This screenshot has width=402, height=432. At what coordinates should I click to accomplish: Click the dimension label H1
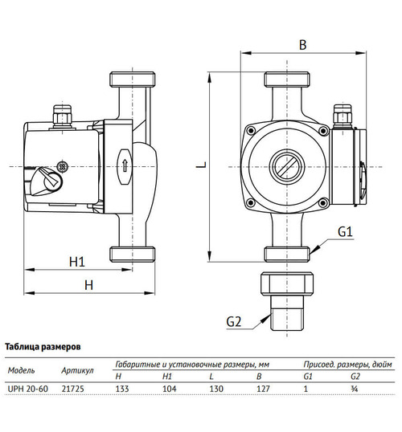tap(77, 261)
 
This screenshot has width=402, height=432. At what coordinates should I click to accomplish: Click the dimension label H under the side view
tap(89, 285)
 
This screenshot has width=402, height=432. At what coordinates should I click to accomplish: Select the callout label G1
tap(345, 232)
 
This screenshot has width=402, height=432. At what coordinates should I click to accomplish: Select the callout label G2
tap(234, 321)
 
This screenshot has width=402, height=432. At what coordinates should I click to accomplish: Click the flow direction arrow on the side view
tap(125, 166)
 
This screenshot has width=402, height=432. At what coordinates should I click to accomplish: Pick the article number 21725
tap(72, 389)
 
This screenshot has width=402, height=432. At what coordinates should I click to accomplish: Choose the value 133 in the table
tap(123, 389)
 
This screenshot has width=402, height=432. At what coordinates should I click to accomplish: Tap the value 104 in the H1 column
tap(170, 389)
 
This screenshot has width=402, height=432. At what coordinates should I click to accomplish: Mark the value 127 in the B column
tap(262, 389)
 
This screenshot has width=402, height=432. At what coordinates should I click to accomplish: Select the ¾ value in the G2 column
tap(355, 389)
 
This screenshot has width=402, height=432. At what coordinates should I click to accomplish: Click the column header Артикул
tap(78, 370)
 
